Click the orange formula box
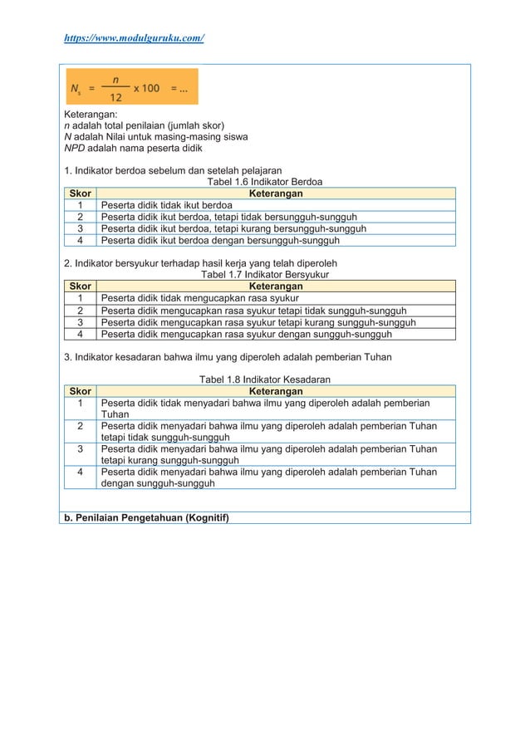130,87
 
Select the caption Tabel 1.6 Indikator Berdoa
264,182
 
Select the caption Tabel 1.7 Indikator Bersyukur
264,273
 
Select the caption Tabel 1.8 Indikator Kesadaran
264,379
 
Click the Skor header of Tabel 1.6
80,193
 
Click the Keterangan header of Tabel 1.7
276,286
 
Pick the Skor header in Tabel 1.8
80,390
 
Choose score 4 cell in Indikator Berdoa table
80,242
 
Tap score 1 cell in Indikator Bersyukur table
80,298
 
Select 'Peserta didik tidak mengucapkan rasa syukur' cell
200,298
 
